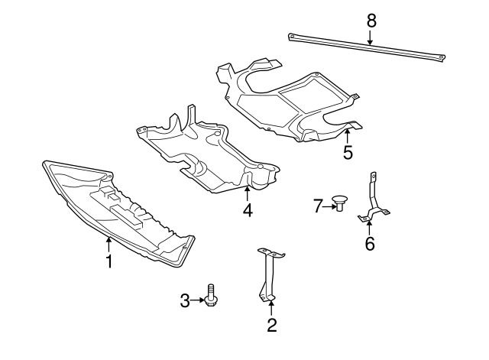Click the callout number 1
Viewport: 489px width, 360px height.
pyautogui.click(x=109, y=261)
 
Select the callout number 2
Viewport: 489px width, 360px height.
pyautogui.click(x=271, y=326)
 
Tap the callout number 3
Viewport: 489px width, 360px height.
pyautogui.click(x=184, y=301)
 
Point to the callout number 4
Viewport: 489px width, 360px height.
pyautogui.click(x=248, y=209)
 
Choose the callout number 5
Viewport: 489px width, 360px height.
pyautogui.click(x=348, y=152)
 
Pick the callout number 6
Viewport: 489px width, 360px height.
pyautogui.click(x=370, y=244)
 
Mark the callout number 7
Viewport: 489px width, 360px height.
pyautogui.click(x=318, y=204)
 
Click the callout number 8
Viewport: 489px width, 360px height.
pyautogui.click(x=371, y=21)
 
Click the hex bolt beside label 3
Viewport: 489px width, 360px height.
pyautogui.click(x=210, y=297)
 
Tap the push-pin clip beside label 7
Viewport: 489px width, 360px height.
pyautogui.click(x=338, y=204)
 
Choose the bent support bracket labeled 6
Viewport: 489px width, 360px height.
pyautogui.click(x=372, y=203)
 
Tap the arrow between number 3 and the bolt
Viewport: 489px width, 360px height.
pyautogui.click(x=197, y=301)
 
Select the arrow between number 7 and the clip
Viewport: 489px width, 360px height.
pyautogui.click(x=328, y=204)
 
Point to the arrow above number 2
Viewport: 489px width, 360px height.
pyautogui.click(x=271, y=308)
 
